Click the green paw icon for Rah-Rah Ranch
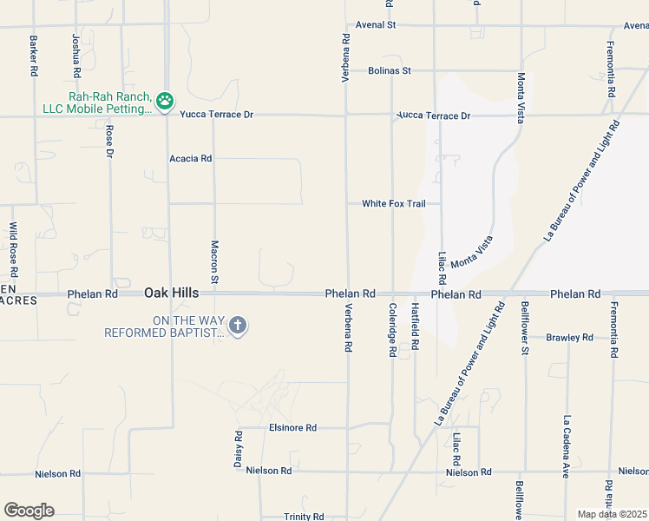(165, 102)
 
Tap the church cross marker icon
(238, 326)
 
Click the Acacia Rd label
(191, 159)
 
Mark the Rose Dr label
(110, 141)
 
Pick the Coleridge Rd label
(392, 331)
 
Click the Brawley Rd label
(569, 337)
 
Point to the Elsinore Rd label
(293, 428)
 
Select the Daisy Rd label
(237, 449)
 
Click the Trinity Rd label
(304, 517)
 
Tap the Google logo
(29, 511)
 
